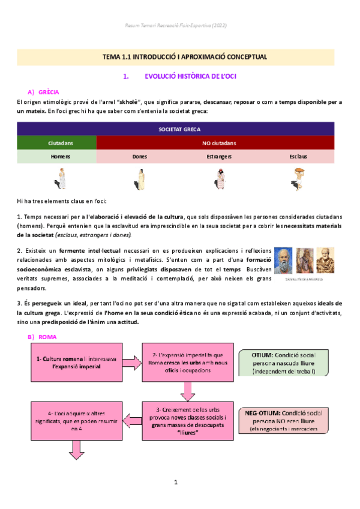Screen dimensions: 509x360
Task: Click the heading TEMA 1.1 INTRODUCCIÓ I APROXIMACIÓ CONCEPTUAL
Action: tap(180, 57)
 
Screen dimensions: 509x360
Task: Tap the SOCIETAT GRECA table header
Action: tap(180, 129)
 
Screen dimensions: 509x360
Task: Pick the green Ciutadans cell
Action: tap(56, 143)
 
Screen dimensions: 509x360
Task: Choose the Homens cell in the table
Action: tap(56, 156)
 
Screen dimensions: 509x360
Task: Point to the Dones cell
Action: tap(139, 156)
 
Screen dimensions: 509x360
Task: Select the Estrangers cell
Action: tap(218, 156)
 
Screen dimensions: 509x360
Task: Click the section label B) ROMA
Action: tap(41, 337)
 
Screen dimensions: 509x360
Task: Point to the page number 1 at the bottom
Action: tap(176, 482)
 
